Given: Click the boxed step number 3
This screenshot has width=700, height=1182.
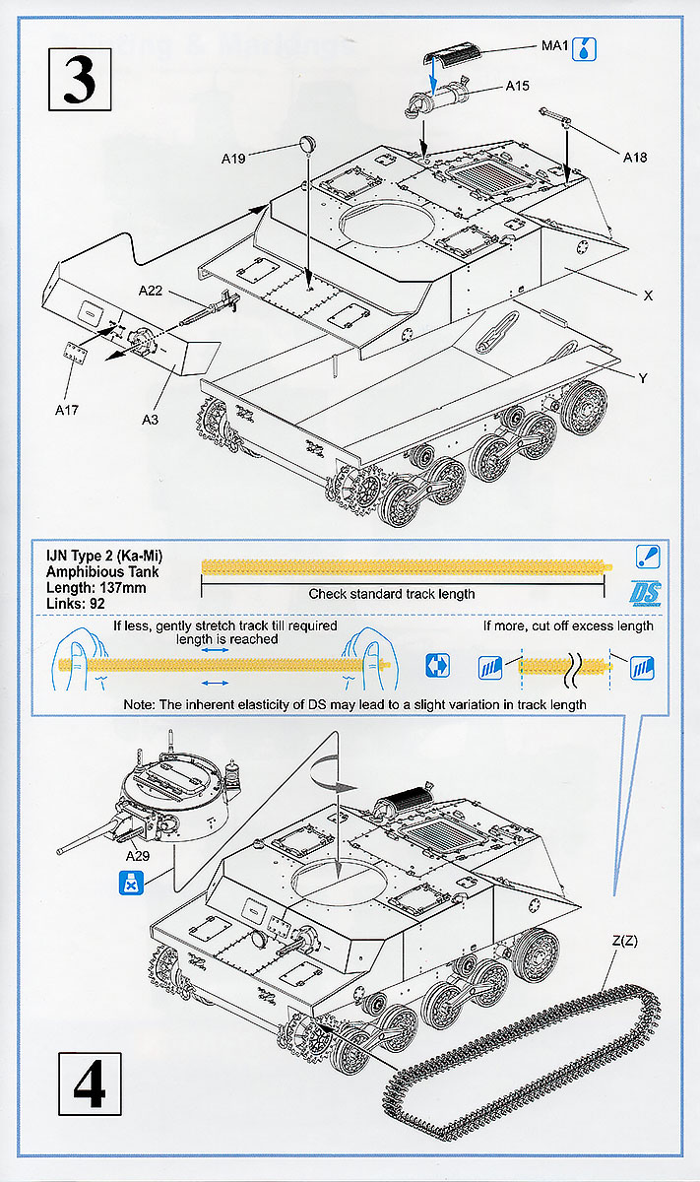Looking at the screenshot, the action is (80, 79).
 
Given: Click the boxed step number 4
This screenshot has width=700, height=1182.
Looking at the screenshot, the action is (90, 1083).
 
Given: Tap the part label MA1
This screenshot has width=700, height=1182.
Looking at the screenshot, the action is (554, 46).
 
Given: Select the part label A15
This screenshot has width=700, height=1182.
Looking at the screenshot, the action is (517, 86).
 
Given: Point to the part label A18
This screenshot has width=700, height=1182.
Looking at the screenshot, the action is (635, 158).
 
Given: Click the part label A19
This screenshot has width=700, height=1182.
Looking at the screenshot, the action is (233, 159).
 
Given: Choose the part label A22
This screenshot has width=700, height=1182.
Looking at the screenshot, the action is (151, 291).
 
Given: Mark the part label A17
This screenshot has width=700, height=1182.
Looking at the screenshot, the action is (67, 410).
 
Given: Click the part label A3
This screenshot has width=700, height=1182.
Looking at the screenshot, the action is (150, 420).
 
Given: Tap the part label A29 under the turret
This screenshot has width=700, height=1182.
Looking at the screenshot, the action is (137, 856).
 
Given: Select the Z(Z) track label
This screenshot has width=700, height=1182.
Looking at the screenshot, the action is (624, 941).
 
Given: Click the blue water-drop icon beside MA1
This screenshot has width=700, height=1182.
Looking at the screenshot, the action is (584, 49).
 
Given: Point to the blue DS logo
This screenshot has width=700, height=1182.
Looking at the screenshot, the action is (645, 593).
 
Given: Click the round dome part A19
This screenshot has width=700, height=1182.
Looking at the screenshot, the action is (307, 143).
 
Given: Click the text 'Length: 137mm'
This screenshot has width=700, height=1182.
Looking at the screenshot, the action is (96, 588).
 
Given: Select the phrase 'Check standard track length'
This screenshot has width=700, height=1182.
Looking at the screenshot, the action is (392, 594).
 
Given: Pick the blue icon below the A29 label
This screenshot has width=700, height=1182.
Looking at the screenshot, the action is (131, 883).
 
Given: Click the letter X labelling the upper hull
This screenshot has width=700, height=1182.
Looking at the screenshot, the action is (648, 295).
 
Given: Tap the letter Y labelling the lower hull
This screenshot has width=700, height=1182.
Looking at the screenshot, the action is (643, 378).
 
